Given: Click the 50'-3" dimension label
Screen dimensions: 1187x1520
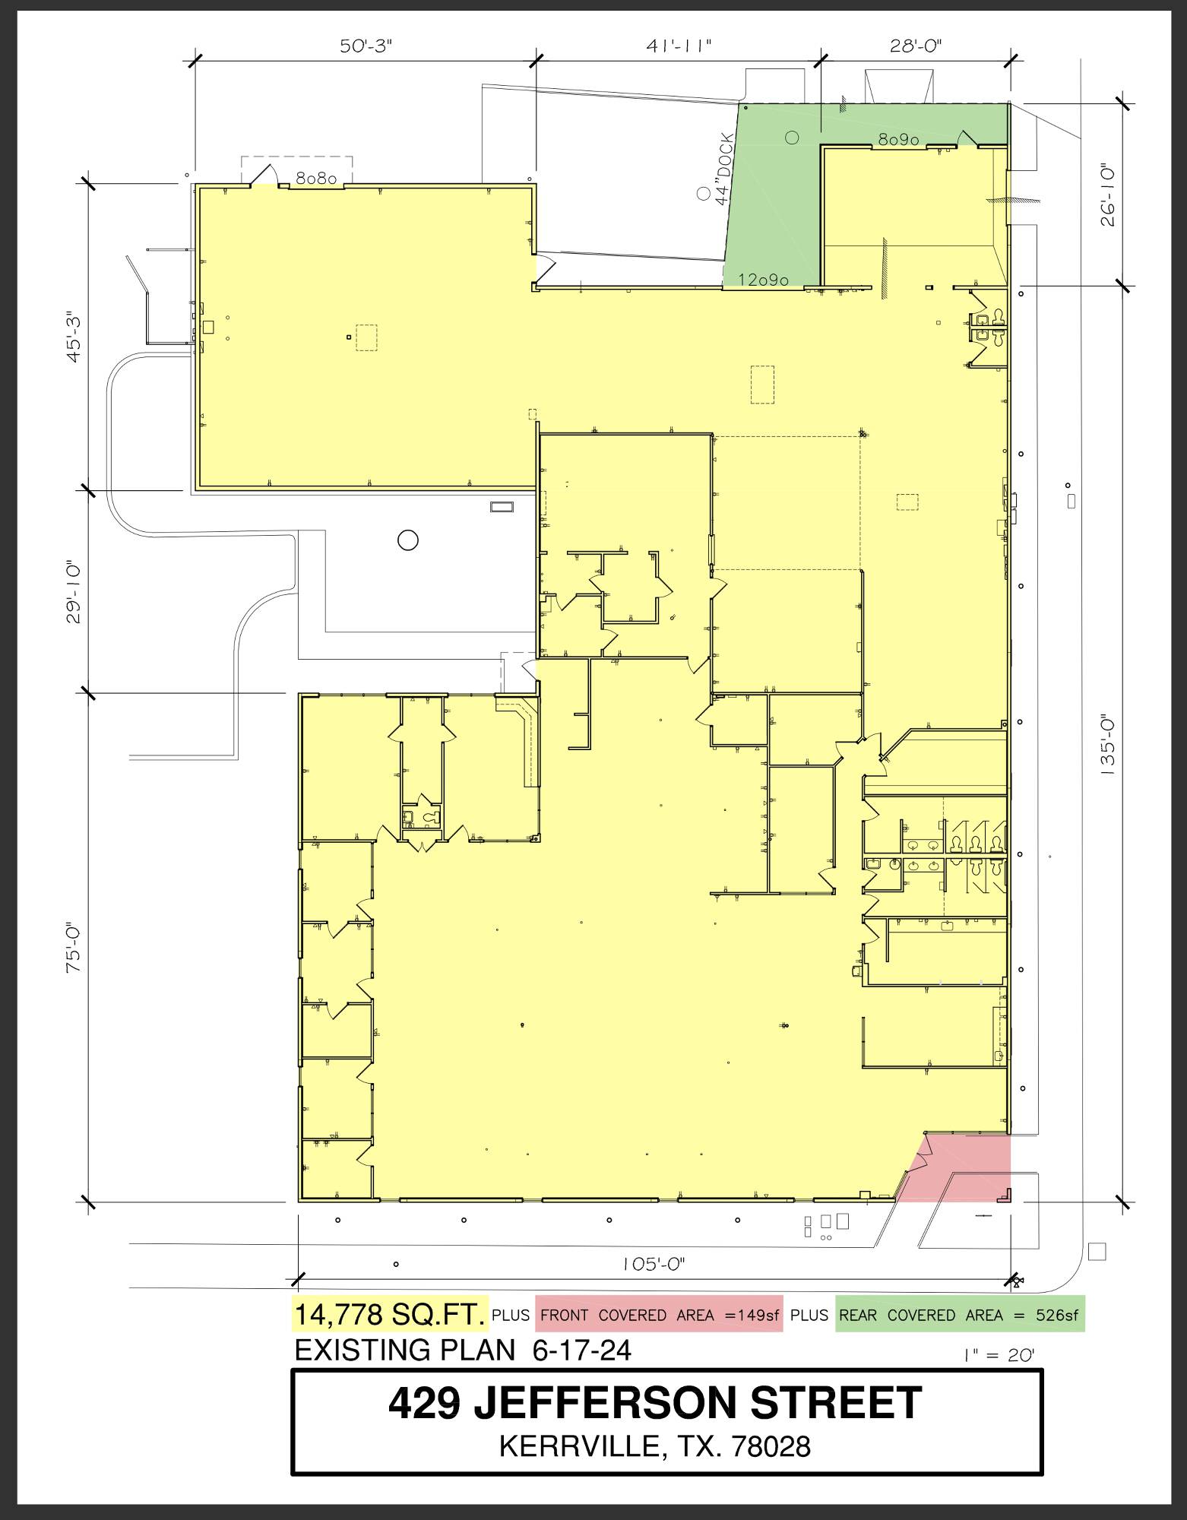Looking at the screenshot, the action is tap(366, 46).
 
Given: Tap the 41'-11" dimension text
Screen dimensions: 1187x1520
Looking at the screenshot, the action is tap(679, 46).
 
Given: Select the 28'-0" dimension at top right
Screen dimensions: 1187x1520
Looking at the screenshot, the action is tap(916, 46).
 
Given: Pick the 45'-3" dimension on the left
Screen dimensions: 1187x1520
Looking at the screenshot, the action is tap(74, 336).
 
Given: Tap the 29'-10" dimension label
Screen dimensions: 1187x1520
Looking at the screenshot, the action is tap(74, 592).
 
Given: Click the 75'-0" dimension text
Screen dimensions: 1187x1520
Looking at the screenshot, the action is tap(74, 947).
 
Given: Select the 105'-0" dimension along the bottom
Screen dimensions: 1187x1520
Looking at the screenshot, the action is tap(654, 1263).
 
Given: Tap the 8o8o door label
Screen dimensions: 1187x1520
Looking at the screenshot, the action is tap(316, 179).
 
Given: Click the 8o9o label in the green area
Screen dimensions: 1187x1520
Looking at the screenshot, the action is tap(899, 140).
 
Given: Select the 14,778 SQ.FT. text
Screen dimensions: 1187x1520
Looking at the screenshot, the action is tap(389, 1314).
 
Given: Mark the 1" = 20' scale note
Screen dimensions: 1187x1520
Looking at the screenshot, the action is tap(999, 1356).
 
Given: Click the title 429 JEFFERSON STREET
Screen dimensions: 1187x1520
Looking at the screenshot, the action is tap(654, 1403).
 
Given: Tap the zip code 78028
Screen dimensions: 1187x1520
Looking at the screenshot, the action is tap(770, 1446).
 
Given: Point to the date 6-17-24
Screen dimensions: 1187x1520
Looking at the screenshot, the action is tap(581, 1351).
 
